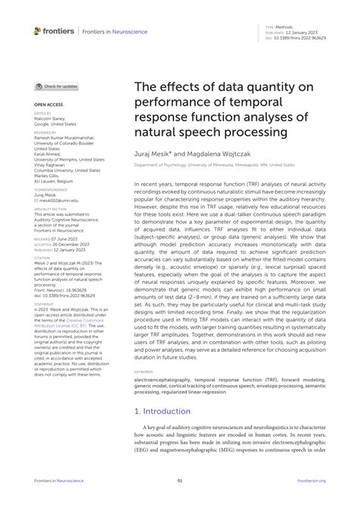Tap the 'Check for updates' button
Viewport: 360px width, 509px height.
(x=56, y=87)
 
